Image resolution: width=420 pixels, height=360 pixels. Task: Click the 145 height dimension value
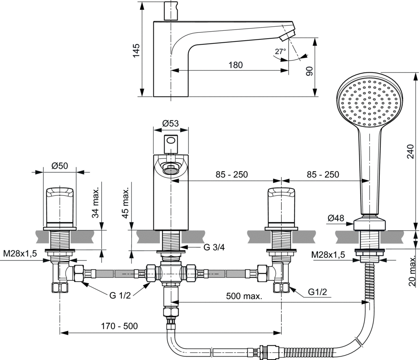coord(137,50)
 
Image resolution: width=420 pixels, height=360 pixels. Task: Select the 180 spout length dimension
coord(235,65)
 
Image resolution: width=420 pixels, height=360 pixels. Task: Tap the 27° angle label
coord(280,51)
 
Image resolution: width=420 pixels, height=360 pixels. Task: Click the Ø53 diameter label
coord(170,123)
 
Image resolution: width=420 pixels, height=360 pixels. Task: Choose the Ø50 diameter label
coord(60,166)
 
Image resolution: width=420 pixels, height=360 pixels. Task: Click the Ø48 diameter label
coord(336,219)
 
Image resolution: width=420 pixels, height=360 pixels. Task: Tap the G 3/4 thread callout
coord(214,247)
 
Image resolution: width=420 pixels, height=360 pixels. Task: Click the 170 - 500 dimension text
coord(120,326)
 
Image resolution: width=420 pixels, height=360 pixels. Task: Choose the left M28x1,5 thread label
coord(20,254)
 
